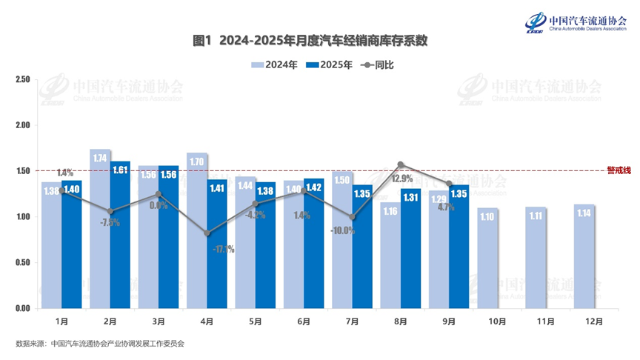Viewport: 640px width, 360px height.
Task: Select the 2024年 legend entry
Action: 275,65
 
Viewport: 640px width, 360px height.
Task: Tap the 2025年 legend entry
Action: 328,65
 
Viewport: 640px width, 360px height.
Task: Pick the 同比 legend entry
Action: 378,65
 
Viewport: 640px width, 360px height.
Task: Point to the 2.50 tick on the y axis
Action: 21,79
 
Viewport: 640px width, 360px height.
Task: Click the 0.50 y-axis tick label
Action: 21,263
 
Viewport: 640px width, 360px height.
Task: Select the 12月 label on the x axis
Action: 593,321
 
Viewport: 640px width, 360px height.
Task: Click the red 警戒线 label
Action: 618,170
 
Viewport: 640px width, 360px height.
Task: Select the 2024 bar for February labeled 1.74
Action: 100,230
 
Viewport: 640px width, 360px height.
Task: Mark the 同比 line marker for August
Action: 401,164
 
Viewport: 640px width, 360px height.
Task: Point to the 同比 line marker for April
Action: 207,233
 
